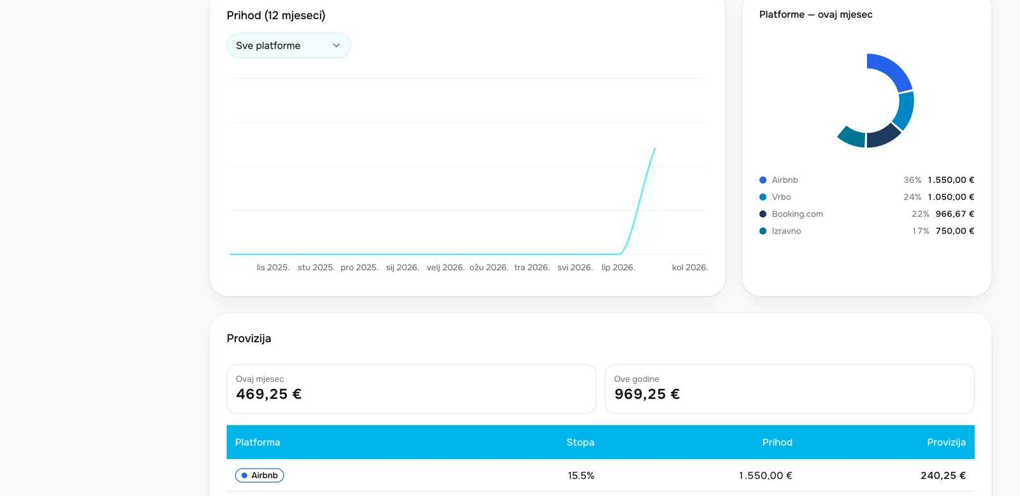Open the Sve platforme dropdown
point(289,45)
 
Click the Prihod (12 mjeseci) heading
point(276,15)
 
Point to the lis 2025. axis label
point(273,267)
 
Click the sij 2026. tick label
point(402,267)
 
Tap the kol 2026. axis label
point(690,267)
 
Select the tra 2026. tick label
point(532,267)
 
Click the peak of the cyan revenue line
point(655,147)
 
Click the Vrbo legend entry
point(782,197)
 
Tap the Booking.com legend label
point(798,214)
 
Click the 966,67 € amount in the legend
point(955,214)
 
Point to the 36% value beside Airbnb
point(912,180)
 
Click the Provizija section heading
point(249,339)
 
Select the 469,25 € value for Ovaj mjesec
point(268,394)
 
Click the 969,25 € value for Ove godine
point(647,394)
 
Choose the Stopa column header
point(580,442)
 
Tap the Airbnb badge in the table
point(259,476)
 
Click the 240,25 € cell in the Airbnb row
point(943,476)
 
